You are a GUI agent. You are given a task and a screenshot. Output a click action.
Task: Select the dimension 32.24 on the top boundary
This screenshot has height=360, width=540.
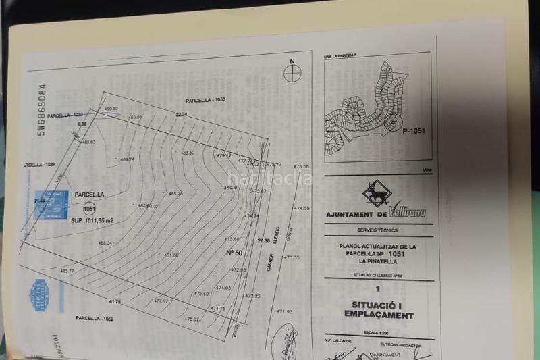[181, 115]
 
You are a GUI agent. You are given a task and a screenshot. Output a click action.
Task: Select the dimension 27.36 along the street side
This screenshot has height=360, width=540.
[263, 240]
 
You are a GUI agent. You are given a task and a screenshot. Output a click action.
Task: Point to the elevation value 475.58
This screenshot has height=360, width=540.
[302, 166]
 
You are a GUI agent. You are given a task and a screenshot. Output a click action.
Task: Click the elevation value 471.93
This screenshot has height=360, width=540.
[284, 311]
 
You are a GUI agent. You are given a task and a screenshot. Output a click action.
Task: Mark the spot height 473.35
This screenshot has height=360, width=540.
[292, 257]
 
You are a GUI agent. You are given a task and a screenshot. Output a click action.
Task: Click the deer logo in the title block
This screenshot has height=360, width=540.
[375, 195]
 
